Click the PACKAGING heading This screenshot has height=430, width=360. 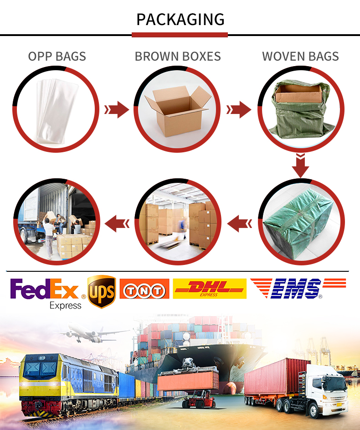click(180, 20)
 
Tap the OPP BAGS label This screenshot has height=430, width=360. click(57, 57)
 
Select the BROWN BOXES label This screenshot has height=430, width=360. click(178, 57)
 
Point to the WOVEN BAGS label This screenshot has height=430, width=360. click(301, 57)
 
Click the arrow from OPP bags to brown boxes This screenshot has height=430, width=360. click(117, 110)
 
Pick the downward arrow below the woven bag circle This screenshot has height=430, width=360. click(301, 166)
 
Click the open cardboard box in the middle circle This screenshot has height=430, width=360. click(178, 110)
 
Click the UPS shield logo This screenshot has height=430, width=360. click(102, 291)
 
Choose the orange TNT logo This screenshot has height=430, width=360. click(144, 289)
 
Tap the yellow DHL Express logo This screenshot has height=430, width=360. click(210, 289)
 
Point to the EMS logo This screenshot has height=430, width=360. click(298, 288)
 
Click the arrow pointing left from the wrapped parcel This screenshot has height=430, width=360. click(239, 223)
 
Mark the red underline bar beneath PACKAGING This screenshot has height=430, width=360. click(180, 35)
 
